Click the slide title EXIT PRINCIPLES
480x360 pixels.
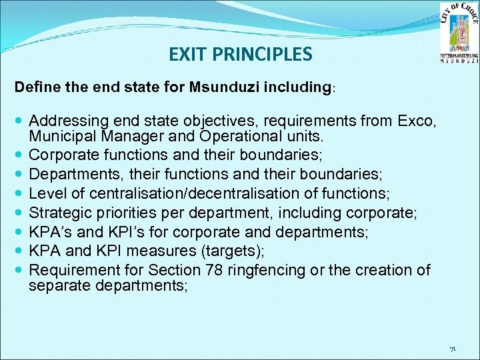[240, 54]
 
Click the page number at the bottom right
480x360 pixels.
[452, 349]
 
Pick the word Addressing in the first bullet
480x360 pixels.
[64, 121]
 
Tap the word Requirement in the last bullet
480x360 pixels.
[69, 271]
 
